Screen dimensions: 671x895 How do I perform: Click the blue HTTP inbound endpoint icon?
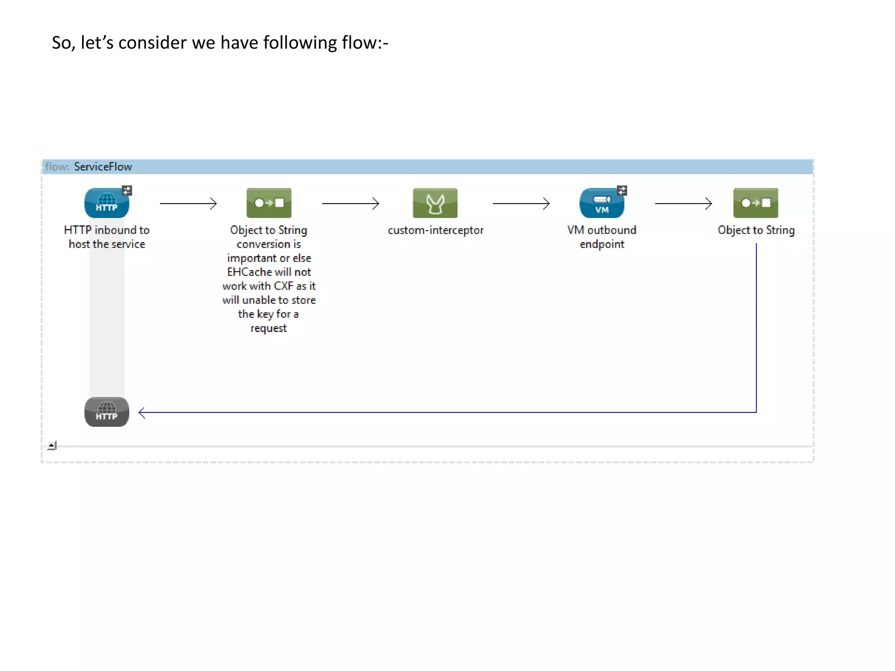coord(106,203)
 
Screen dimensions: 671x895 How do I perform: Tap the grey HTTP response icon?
coord(106,412)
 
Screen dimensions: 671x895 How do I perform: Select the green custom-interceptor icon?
coord(435,203)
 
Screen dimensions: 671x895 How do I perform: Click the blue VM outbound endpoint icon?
coord(601,204)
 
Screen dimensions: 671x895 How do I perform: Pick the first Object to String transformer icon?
coord(269,203)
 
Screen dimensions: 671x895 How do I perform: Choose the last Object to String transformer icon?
coord(756,203)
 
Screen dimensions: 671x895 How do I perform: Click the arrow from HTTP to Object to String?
coord(188,203)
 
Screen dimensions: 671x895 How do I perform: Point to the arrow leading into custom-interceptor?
coord(350,203)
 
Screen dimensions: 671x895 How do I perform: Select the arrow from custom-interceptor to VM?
coord(521,203)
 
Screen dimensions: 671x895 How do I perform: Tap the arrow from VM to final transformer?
coord(683,203)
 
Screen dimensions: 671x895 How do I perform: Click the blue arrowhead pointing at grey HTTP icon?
coord(142,412)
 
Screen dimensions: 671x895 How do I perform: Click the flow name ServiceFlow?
coord(103,166)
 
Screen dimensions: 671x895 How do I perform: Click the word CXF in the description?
coord(283,286)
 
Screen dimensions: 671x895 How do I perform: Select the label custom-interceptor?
coord(435,230)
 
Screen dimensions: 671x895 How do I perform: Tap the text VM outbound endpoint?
coord(602,237)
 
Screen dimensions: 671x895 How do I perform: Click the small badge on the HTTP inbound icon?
coord(127,190)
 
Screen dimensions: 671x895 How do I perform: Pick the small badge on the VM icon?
coord(622,190)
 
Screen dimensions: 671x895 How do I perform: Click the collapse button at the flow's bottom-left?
coord(52,446)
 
